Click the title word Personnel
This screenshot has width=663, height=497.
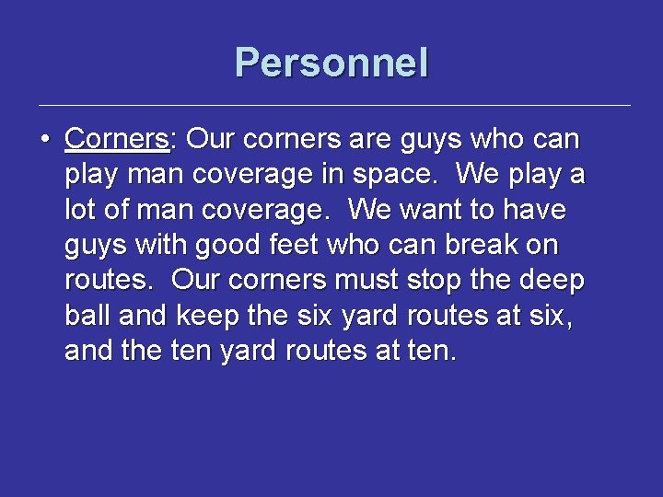coord(331,64)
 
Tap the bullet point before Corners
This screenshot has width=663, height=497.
coord(44,141)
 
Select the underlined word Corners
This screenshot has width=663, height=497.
coord(117,140)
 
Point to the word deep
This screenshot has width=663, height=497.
coord(552,281)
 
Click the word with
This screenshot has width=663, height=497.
coord(153,246)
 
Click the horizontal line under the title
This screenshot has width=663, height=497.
coord(331,105)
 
